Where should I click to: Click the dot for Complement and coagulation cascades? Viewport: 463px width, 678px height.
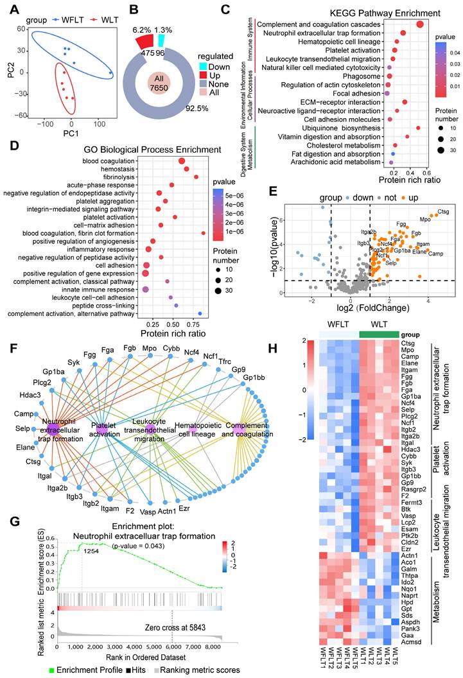point(420,24)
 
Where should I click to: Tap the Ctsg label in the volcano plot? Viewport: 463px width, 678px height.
point(443,211)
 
